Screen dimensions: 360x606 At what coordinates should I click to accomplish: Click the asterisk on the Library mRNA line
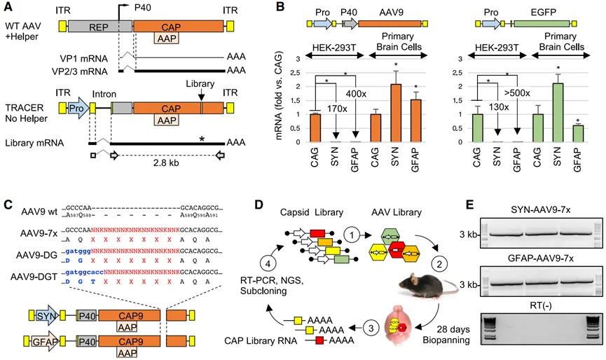coord(202,140)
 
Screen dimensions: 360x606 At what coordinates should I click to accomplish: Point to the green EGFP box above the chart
coord(542,24)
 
